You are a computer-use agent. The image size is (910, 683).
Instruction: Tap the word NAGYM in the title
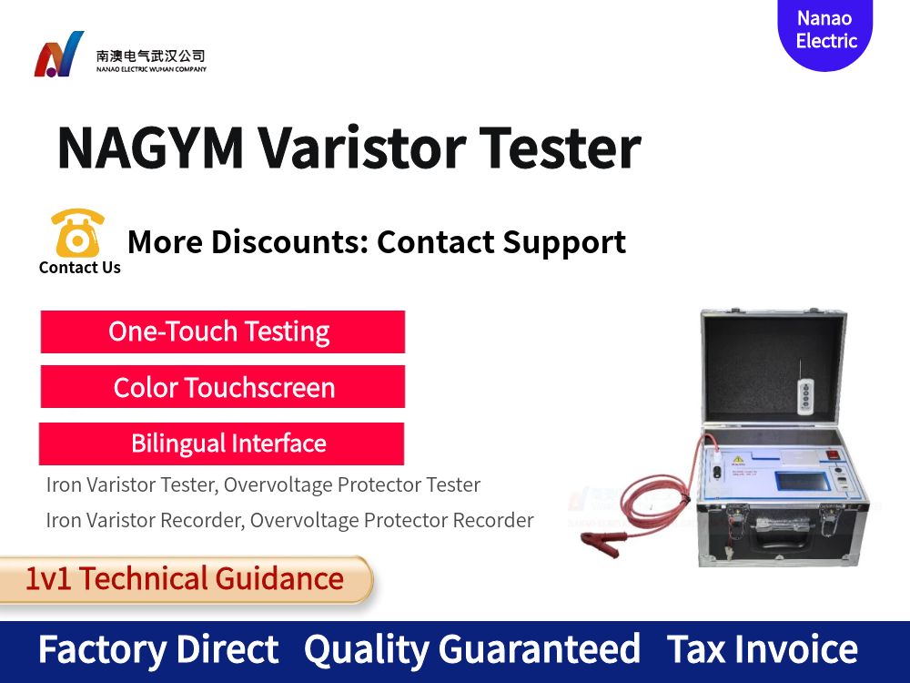[150, 148]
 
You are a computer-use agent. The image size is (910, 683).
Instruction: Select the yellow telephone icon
[77, 233]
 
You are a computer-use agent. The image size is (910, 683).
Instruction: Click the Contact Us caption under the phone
[80, 268]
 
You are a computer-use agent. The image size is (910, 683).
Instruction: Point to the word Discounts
[289, 242]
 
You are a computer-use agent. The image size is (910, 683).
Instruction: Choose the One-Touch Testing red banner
[222, 331]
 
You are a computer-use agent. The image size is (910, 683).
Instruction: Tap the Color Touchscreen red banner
[222, 388]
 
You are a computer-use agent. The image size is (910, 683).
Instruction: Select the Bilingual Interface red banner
[222, 443]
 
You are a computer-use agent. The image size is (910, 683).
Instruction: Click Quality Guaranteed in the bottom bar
[471, 650]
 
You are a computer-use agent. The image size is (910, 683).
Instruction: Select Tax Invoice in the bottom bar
[762, 650]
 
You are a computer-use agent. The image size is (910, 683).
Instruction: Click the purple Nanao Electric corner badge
[825, 31]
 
